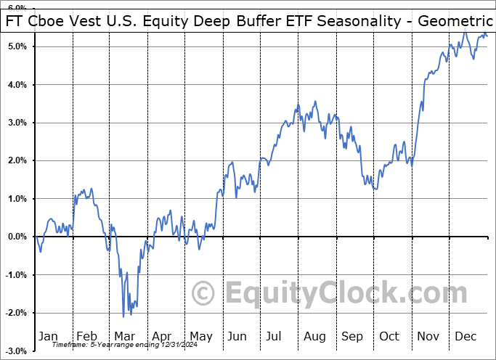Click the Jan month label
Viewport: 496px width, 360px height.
(x=48, y=336)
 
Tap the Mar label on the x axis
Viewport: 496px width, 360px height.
(x=124, y=336)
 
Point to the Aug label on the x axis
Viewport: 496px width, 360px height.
(x=314, y=336)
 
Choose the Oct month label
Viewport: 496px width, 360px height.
(x=390, y=336)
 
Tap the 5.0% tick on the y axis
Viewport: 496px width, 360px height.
(x=17, y=46)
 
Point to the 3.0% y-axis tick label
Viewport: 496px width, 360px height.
(x=17, y=123)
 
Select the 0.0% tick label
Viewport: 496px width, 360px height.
(x=17, y=237)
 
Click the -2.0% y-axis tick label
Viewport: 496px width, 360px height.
(x=16, y=313)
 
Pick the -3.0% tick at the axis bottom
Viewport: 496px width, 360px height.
(x=16, y=351)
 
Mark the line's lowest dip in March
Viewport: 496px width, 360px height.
(x=123, y=316)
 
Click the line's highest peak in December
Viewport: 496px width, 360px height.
(x=465, y=32)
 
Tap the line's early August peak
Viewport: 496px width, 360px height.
(x=315, y=102)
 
